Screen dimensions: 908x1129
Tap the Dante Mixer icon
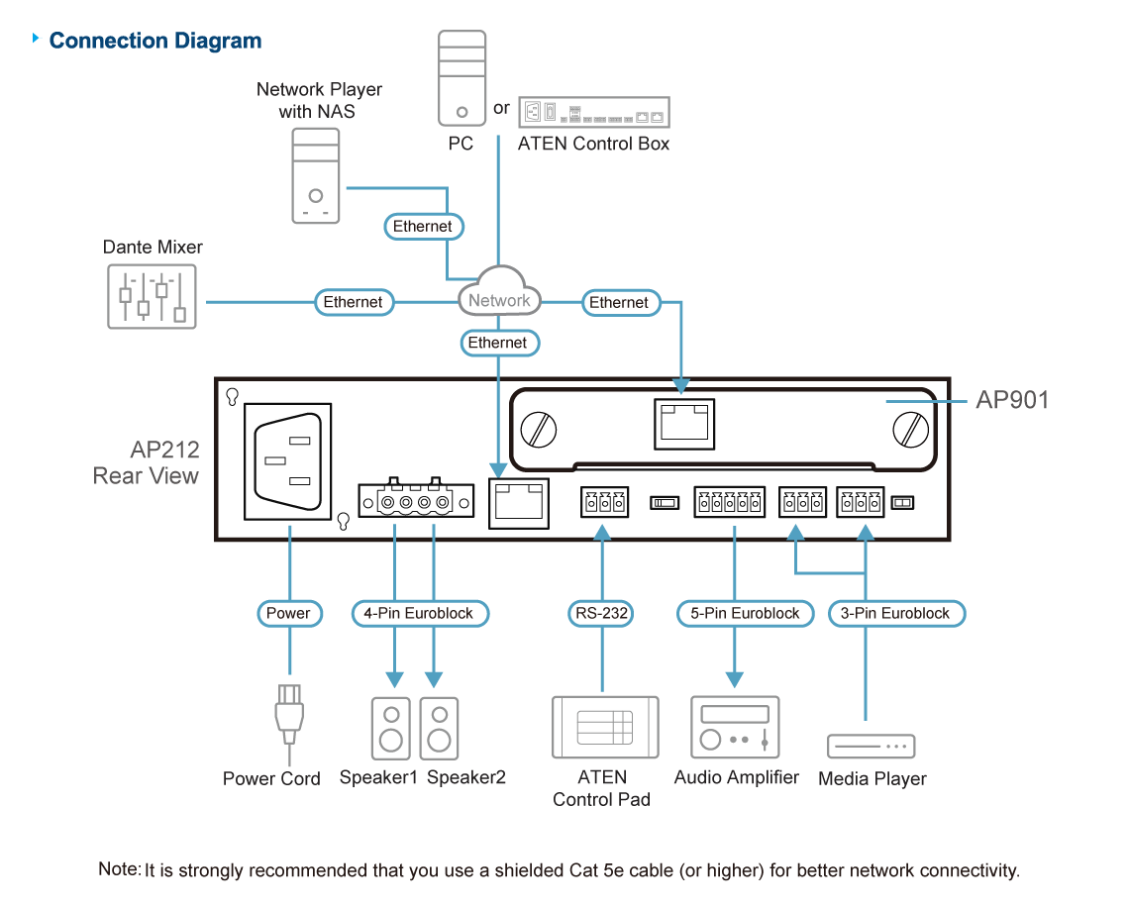pyautogui.click(x=152, y=296)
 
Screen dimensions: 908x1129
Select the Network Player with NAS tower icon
pyautogui.click(x=316, y=176)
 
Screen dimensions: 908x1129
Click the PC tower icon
pyautogui.click(x=462, y=79)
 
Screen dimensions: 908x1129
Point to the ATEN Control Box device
pyautogui.click(x=593, y=113)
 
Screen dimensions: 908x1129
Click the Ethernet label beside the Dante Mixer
pyautogui.click(x=354, y=302)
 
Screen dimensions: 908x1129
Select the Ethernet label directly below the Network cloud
pyautogui.click(x=498, y=343)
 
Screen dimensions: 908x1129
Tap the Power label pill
pyautogui.click(x=288, y=613)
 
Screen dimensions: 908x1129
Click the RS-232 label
pyautogui.click(x=601, y=613)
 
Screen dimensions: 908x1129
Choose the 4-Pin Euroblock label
pyautogui.click(x=419, y=613)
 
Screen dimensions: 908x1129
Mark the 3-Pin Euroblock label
pyautogui.click(x=895, y=613)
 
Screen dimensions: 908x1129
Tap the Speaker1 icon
pyautogui.click(x=392, y=729)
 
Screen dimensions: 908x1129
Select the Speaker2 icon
pyautogui.click(x=439, y=729)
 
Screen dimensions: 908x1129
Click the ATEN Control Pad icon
pyautogui.click(x=604, y=728)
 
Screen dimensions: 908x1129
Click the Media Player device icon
pyautogui.click(x=872, y=747)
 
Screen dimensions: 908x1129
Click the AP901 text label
pyautogui.click(x=1011, y=400)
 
